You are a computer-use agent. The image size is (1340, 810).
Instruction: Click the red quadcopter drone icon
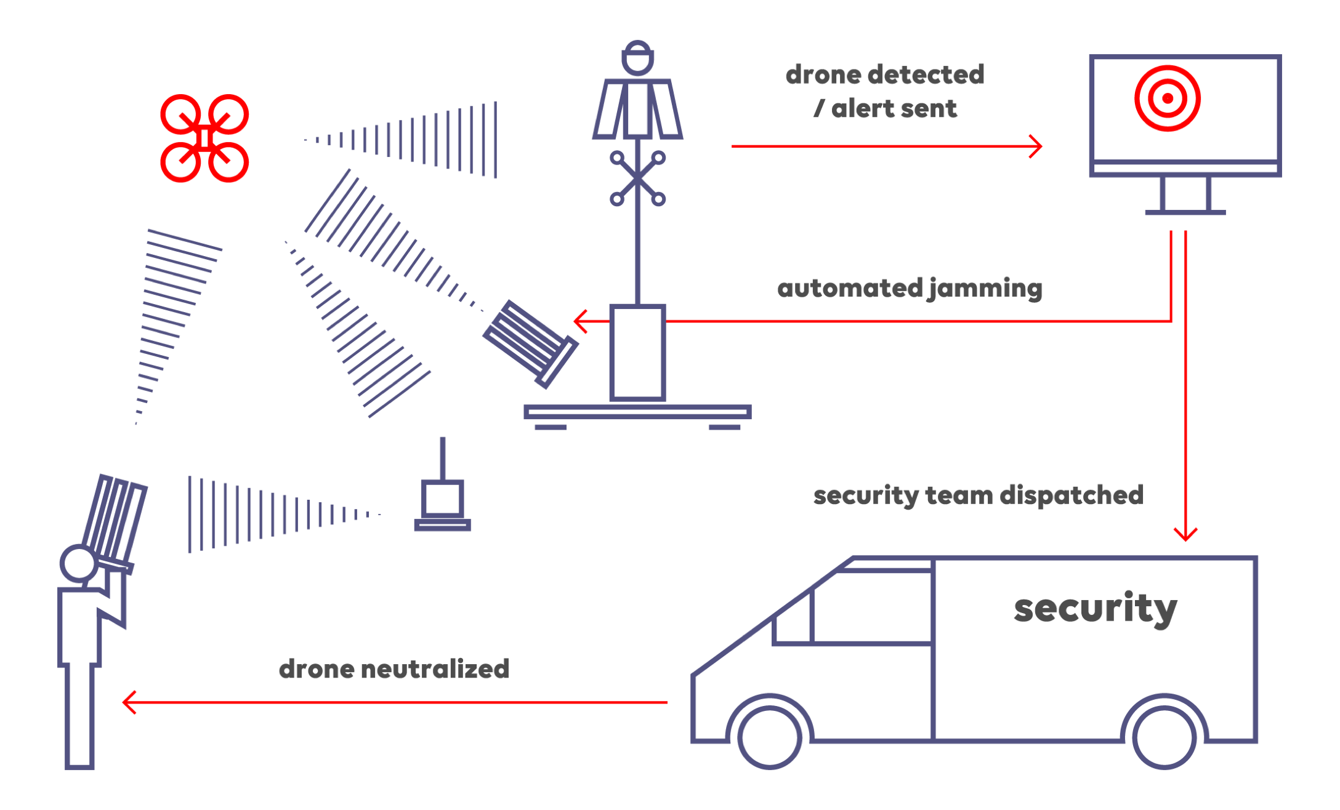point(204,138)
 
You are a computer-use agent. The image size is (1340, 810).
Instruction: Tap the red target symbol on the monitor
point(1168,98)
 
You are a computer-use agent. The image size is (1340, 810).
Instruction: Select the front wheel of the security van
point(770,737)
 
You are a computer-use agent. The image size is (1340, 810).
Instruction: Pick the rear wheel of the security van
point(1164,737)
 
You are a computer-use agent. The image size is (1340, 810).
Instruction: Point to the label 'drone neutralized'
point(394,669)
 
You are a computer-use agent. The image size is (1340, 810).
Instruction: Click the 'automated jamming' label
point(910,289)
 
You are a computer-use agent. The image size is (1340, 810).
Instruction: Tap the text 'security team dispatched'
point(978,495)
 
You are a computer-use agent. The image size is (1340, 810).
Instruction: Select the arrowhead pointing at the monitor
point(1037,146)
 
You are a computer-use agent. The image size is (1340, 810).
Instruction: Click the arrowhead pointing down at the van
point(1185,534)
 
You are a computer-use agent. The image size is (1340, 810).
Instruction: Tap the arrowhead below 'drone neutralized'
point(129,702)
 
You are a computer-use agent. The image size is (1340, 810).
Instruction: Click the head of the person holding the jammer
point(78,563)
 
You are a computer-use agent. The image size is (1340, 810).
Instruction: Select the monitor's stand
point(1185,197)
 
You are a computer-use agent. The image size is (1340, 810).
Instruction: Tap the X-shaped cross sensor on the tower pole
point(637,178)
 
